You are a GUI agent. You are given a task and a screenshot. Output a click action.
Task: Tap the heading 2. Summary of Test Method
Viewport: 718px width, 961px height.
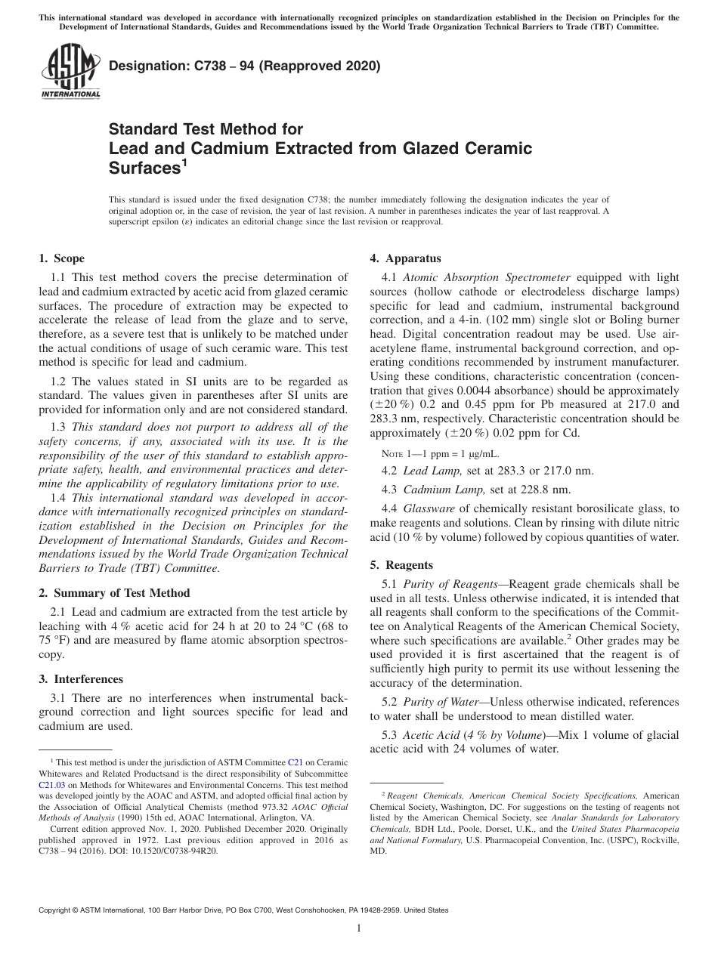tap(114, 593)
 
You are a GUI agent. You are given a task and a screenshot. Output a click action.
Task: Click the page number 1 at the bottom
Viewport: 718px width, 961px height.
tap(359, 929)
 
